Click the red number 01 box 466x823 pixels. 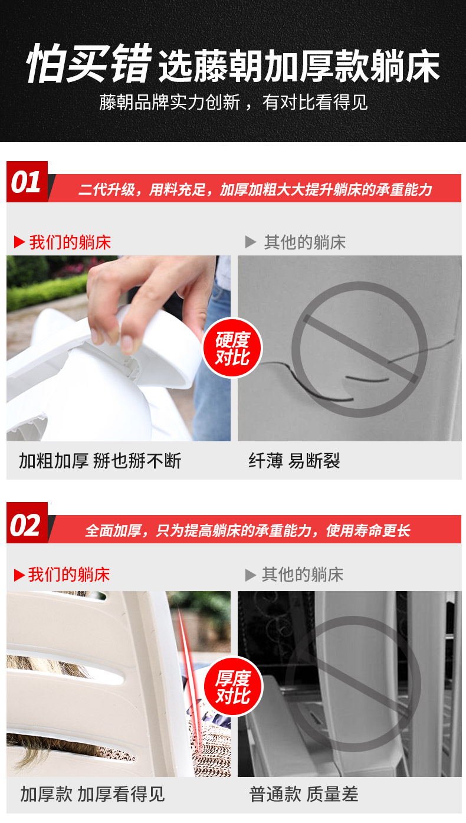27,182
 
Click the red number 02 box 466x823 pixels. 27,523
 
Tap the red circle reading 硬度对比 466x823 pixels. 232,348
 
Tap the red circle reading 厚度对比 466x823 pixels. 233,686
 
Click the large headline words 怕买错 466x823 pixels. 89,64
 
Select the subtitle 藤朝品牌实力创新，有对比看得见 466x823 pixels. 233,102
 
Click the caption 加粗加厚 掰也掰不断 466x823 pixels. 100,461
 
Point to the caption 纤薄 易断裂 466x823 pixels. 294,461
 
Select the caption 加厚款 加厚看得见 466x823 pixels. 92,794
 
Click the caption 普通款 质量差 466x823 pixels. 304,794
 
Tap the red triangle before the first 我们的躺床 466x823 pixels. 19,242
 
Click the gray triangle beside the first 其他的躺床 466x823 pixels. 251,242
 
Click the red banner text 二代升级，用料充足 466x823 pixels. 142,189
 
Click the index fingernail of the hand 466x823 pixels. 127,342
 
